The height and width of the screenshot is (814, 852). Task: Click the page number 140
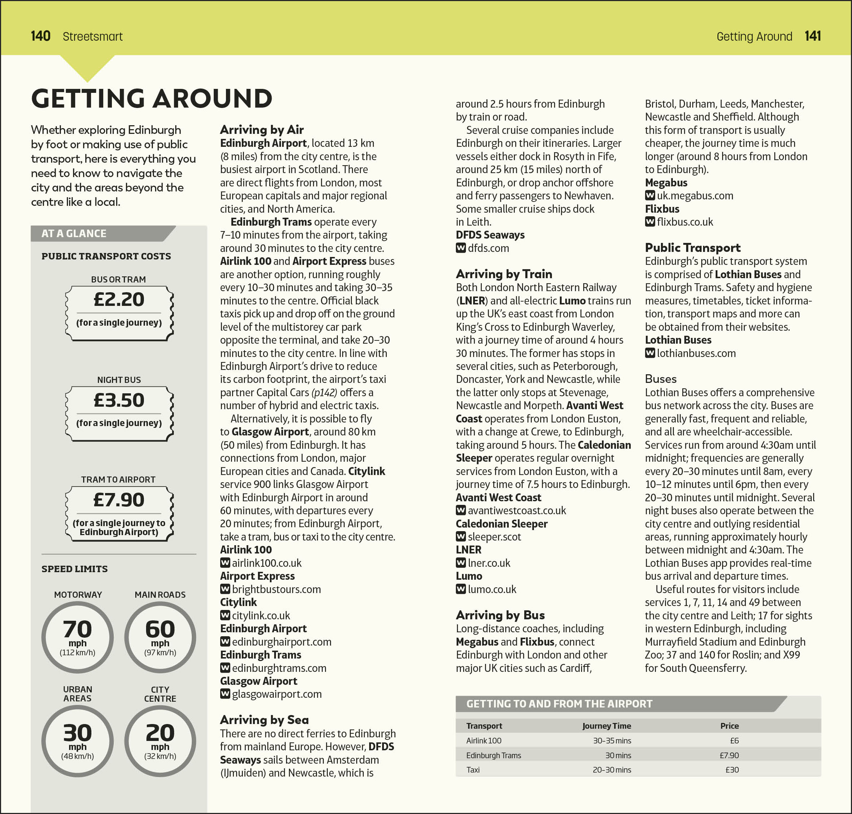[40, 36]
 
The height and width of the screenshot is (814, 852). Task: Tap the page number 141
[812, 36]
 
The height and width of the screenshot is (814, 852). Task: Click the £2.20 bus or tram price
[119, 299]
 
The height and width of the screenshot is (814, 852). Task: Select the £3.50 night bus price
[119, 400]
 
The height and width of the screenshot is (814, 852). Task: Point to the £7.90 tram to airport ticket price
[119, 500]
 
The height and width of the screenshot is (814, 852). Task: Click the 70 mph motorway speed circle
[78, 637]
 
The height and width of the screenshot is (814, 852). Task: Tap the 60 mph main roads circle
[160, 637]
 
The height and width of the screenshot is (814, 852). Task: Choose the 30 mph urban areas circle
[78, 741]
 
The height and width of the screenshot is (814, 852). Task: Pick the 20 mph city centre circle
[160, 741]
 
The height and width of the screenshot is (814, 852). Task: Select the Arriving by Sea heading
[264, 720]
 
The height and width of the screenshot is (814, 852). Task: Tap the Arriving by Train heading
[504, 274]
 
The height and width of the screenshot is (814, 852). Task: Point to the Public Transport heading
[692, 247]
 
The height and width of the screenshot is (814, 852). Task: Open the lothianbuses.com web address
[696, 353]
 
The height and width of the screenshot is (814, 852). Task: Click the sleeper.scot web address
[494, 537]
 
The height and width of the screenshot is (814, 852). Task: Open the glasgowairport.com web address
[276, 694]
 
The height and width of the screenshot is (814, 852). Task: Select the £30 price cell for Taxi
[732, 770]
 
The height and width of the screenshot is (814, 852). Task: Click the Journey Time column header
[607, 726]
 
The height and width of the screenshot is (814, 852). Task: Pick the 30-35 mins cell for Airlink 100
[612, 741]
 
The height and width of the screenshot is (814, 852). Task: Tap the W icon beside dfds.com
[461, 248]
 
